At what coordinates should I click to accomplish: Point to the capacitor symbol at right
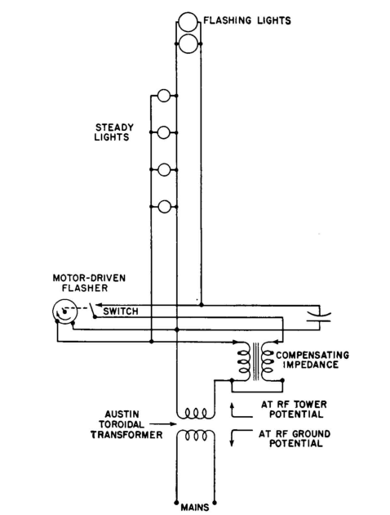click(318, 316)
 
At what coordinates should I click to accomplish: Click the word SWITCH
click(121, 311)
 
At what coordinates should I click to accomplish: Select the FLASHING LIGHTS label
click(247, 20)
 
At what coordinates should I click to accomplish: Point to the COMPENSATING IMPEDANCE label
click(312, 360)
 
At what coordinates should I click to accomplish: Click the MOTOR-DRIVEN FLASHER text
click(89, 283)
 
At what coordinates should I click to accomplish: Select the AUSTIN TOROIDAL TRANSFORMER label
click(126, 424)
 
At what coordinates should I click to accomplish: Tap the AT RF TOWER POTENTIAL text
click(294, 409)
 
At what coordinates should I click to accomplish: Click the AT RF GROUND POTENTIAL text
click(295, 438)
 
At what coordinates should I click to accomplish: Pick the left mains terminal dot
click(176, 503)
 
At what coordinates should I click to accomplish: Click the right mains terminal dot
click(215, 503)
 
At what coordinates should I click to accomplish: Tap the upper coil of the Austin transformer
click(196, 414)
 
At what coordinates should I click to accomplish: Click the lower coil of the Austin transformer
click(196, 435)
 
